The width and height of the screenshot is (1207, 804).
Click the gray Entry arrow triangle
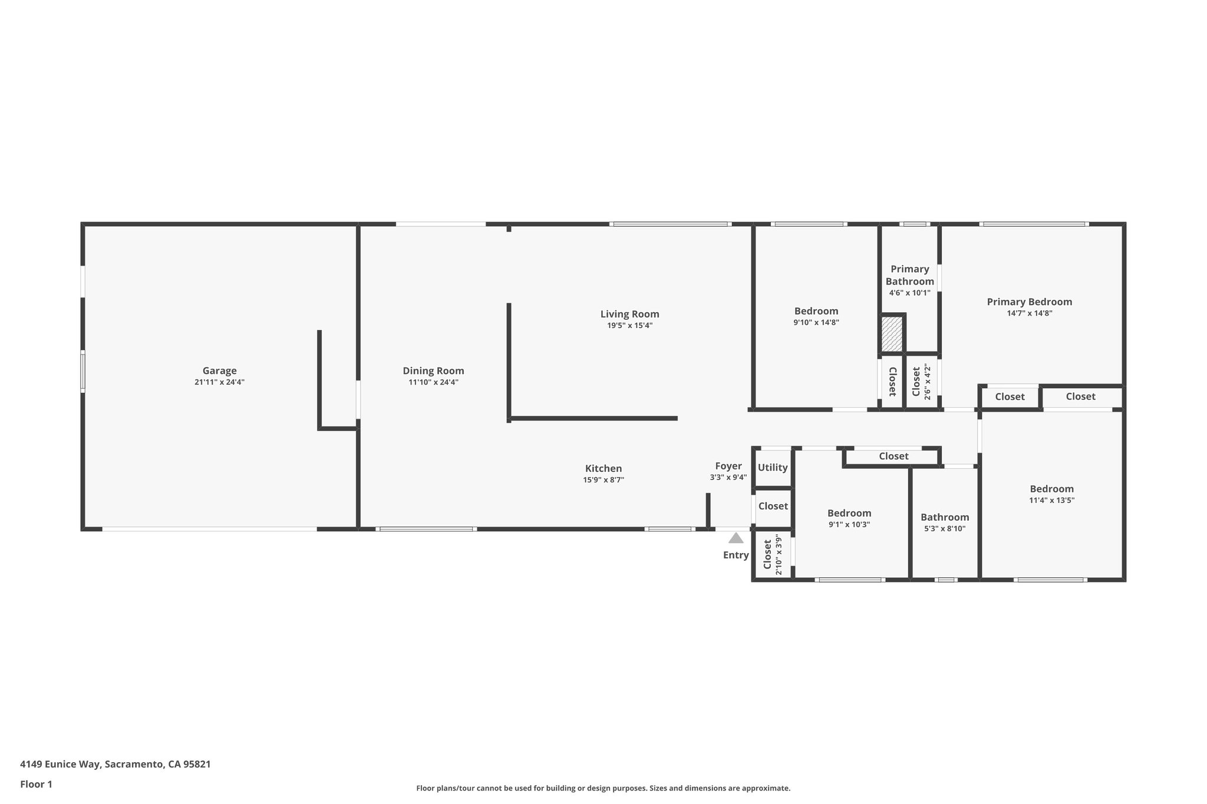click(736, 538)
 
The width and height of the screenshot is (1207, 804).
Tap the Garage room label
click(219, 370)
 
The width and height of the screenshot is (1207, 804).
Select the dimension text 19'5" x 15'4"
click(629, 326)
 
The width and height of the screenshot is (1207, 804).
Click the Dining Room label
click(433, 370)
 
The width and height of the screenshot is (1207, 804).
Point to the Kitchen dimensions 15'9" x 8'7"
click(603, 480)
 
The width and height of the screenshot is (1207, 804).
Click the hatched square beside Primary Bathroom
click(891, 334)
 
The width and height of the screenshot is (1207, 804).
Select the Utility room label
click(772, 467)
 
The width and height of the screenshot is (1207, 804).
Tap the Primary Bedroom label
click(1029, 302)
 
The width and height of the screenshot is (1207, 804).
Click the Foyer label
click(728, 466)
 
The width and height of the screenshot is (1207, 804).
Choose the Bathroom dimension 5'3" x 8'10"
click(944, 528)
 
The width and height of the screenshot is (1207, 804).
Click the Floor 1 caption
click(36, 784)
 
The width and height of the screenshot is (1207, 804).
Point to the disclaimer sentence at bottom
click(603, 788)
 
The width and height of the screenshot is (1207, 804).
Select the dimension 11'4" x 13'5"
click(1051, 500)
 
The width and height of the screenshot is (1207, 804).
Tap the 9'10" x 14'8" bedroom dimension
click(816, 322)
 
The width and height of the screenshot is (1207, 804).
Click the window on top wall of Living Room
click(670, 224)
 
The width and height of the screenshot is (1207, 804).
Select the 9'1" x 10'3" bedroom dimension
click(849, 524)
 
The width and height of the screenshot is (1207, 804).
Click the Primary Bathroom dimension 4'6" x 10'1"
click(909, 293)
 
